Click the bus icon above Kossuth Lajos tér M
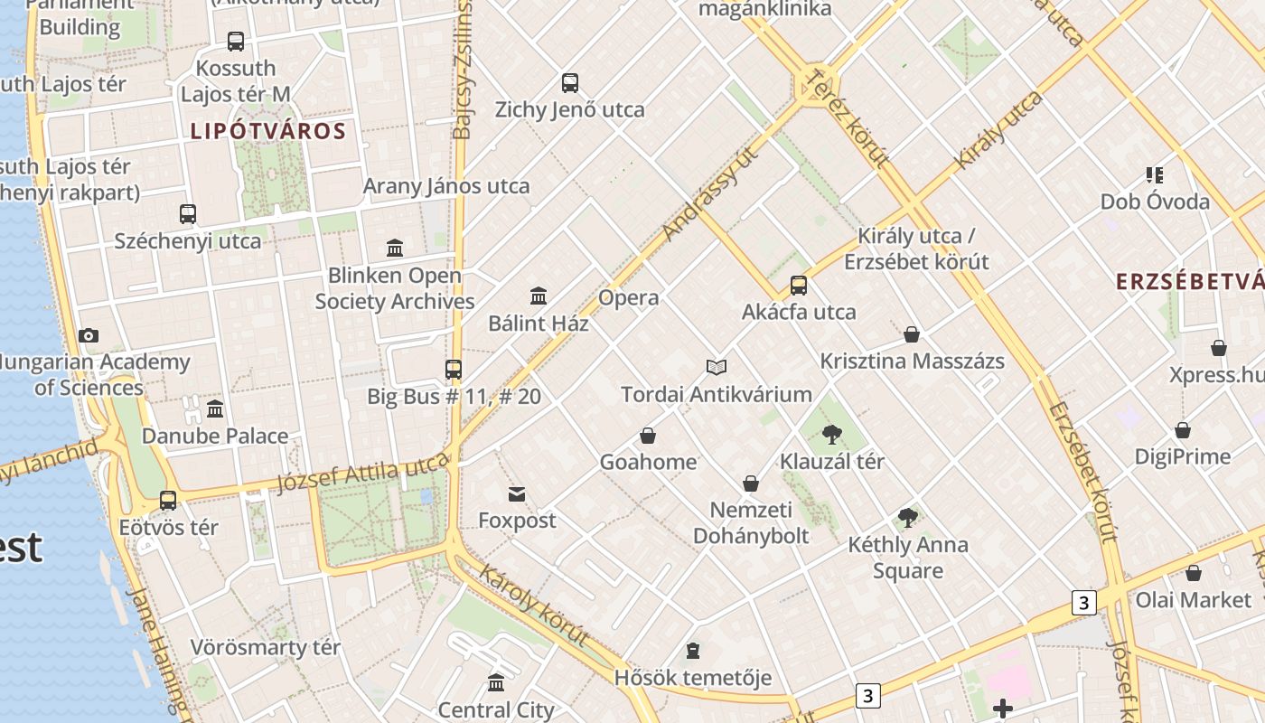tap(235, 42)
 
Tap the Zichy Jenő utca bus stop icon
tap(569, 83)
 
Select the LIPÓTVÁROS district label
tap(268, 131)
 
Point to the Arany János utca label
tap(446, 186)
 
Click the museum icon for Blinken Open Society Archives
tap(395, 248)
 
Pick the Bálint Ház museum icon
tap(539, 296)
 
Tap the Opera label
tap(629, 298)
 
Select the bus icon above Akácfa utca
tap(799, 286)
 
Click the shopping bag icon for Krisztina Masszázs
tap(912, 334)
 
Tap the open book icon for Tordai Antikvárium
tap(717, 367)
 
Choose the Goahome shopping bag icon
tap(648, 436)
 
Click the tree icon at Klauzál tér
tap(832, 435)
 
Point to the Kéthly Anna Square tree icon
tap(908, 518)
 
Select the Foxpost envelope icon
tap(517, 493)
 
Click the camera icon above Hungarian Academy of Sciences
tap(88, 336)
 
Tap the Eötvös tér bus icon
tap(168, 500)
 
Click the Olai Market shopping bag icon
tap(1194, 573)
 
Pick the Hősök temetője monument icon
tap(693, 650)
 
